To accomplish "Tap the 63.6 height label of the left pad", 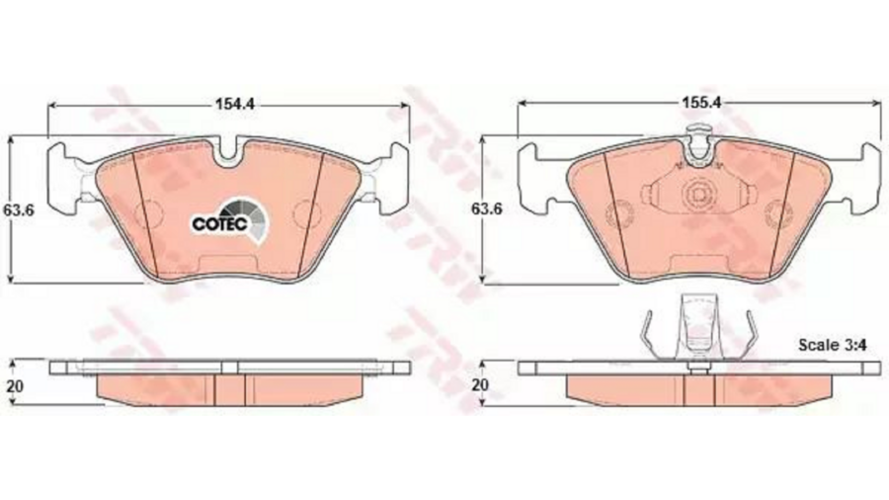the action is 19,209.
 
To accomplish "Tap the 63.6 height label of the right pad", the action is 487,209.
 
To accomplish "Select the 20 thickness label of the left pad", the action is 15,386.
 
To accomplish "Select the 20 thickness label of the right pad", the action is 480,385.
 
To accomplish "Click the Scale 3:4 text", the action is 833,345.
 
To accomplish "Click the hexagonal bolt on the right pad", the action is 698,195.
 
